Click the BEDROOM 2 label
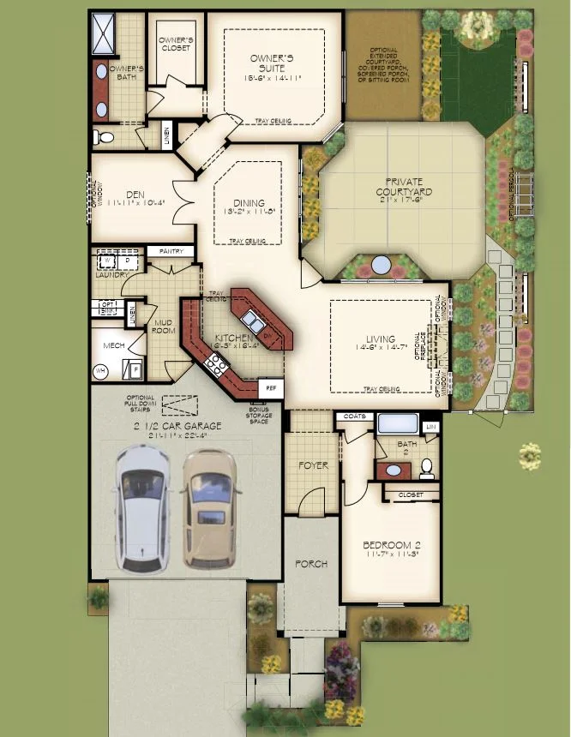[x=391, y=545]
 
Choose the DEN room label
[x=134, y=195]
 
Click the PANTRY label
[x=171, y=251]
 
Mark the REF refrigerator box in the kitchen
[x=271, y=387]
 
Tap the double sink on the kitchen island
[x=251, y=321]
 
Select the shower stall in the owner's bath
[x=108, y=33]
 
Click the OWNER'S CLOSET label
[x=175, y=45]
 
